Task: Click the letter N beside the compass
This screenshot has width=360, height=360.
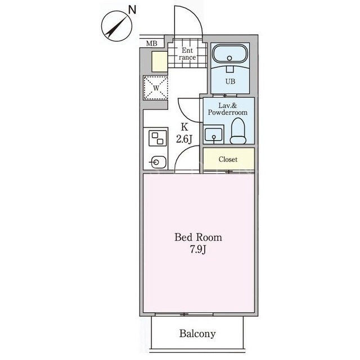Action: [132, 10]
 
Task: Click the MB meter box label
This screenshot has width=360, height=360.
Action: [152, 43]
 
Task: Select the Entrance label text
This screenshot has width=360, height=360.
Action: [187, 54]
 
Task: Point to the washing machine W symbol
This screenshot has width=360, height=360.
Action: [156, 88]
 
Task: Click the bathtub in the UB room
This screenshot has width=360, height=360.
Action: [230, 53]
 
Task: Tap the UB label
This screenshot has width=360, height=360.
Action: [230, 82]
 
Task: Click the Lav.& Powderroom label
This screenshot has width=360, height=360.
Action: [228, 109]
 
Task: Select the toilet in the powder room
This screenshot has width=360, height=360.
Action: [238, 131]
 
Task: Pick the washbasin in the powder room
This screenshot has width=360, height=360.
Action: [214, 134]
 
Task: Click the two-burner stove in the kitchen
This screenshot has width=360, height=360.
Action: [157, 138]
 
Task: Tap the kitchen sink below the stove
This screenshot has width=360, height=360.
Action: [158, 163]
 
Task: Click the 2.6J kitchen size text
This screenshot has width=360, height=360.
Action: [184, 139]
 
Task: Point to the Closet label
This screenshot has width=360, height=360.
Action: [228, 159]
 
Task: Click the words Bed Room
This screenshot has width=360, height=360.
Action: [199, 237]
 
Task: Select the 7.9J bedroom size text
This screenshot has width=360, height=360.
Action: [198, 249]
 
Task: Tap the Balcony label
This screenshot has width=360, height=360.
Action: [197, 334]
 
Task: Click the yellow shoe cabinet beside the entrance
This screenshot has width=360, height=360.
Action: [160, 61]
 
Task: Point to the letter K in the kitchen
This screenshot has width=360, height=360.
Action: [184, 127]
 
